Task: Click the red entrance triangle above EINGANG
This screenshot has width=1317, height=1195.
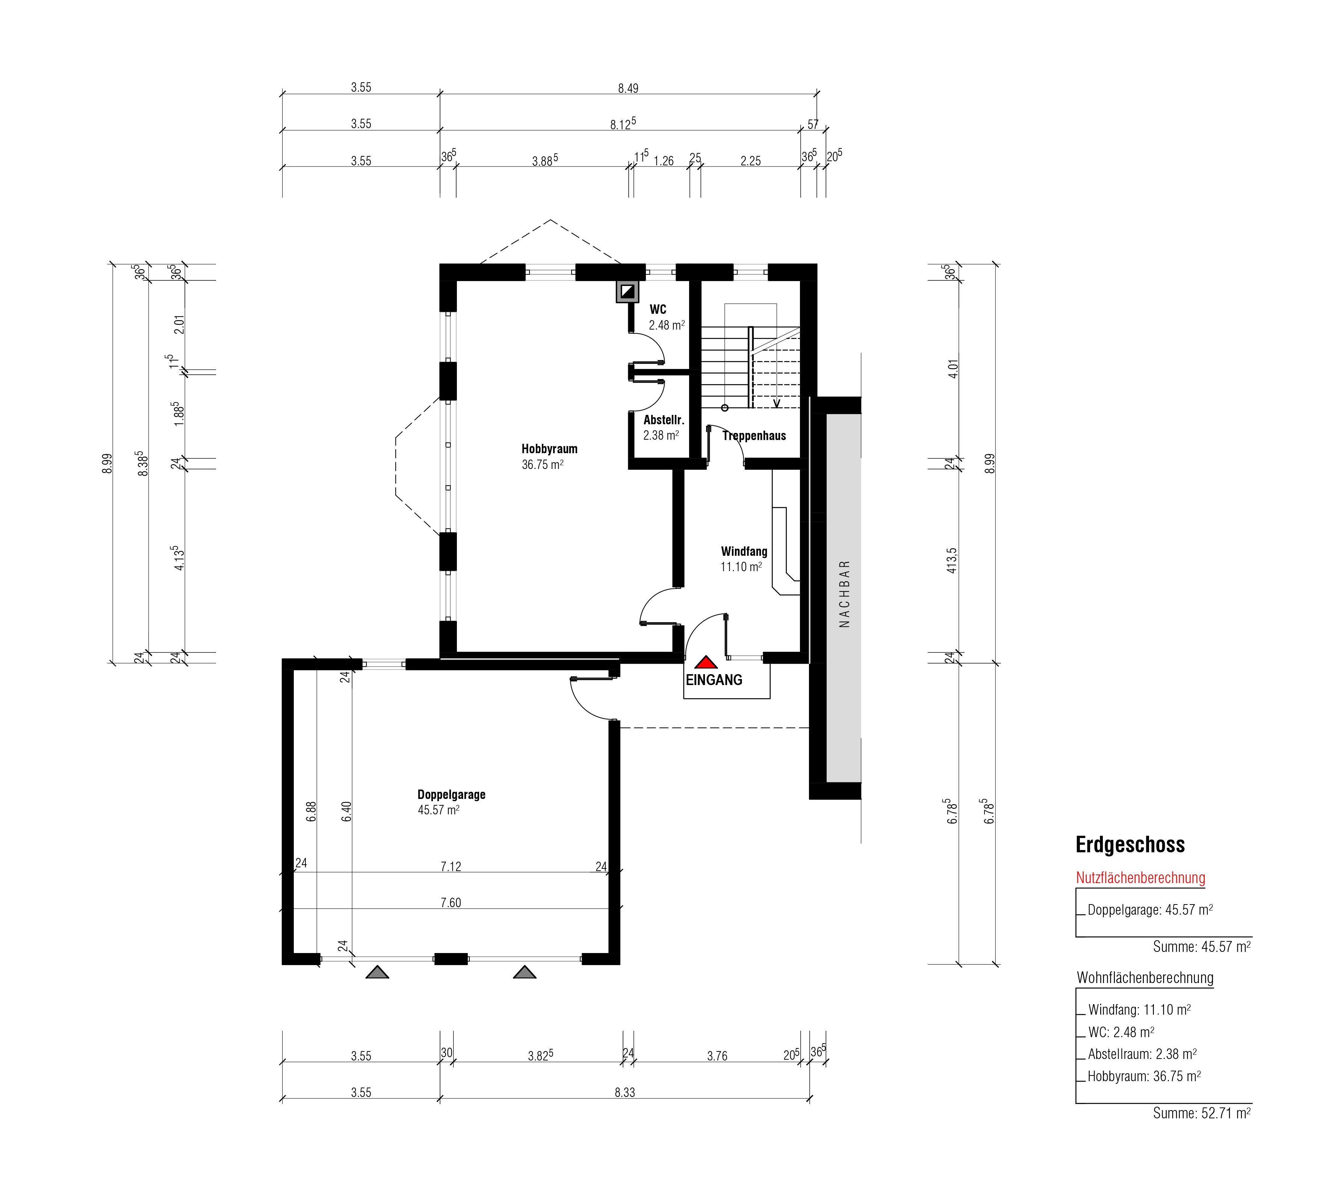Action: click(x=706, y=663)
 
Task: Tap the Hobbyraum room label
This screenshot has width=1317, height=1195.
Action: click(x=549, y=449)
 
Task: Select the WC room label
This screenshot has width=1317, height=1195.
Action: click(x=658, y=309)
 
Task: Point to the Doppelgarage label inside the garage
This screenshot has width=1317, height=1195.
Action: click(x=451, y=794)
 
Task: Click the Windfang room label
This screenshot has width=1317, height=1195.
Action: click(x=744, y=551)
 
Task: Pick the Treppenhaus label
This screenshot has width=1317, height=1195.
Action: click(x=755, y=436)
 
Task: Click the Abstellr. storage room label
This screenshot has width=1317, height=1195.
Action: click(x=664, y=420)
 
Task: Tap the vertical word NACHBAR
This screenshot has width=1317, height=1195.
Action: click(x=845, y=594)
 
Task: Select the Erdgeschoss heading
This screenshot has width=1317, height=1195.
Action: click(x=1130, y=845)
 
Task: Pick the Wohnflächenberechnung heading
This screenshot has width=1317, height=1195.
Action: click(x=1145, y=978)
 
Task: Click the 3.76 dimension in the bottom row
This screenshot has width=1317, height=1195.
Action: click(x=717, y=1056)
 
